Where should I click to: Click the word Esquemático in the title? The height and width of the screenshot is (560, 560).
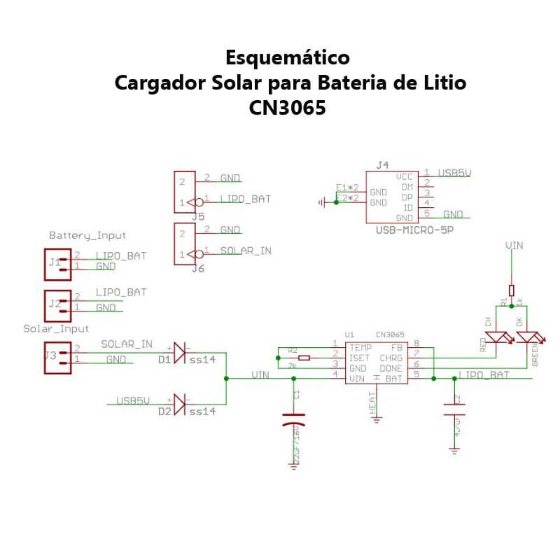point(287,57)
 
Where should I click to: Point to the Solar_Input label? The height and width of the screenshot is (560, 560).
point(56,328)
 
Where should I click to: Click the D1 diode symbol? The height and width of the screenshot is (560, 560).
point(179,349)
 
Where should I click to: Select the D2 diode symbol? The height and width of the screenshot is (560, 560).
point(179,404)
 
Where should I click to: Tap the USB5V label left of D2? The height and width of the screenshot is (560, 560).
point(133,401)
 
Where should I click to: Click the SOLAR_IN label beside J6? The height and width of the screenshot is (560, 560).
point(246,251)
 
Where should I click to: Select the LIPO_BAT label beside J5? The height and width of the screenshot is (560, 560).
point(245,199)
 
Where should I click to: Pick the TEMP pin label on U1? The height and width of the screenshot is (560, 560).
point(360,347)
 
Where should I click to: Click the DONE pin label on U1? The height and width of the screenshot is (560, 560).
point(390,367)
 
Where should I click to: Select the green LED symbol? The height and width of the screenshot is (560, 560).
point(526,337)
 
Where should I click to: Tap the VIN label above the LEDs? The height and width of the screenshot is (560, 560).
point(514,246)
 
